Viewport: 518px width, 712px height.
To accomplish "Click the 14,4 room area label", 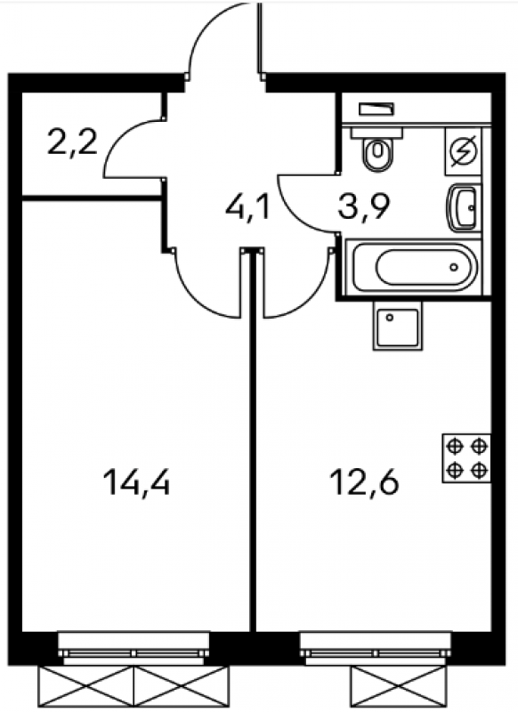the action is [x=137, y=482].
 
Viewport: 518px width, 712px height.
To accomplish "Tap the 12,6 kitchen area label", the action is [x=365, y=481].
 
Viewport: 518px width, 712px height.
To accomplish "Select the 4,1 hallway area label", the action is [x=248, y=208].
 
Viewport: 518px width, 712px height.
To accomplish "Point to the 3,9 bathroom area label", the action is [x=364, y=208].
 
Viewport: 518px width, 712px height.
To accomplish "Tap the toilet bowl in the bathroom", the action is [x=376, y=149].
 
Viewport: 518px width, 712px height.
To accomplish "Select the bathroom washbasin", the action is [x=463, y=208].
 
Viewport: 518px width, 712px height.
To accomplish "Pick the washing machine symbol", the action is [x=463, y=151].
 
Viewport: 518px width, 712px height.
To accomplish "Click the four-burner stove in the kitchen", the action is [x=466, y=458].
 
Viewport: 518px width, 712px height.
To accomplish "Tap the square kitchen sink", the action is [x=398, y=325].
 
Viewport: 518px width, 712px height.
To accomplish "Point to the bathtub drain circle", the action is [x=454, y=267].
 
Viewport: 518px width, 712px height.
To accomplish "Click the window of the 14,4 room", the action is [x=134, y=648].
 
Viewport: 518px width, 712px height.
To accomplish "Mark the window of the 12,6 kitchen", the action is [x=376, y=648].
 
